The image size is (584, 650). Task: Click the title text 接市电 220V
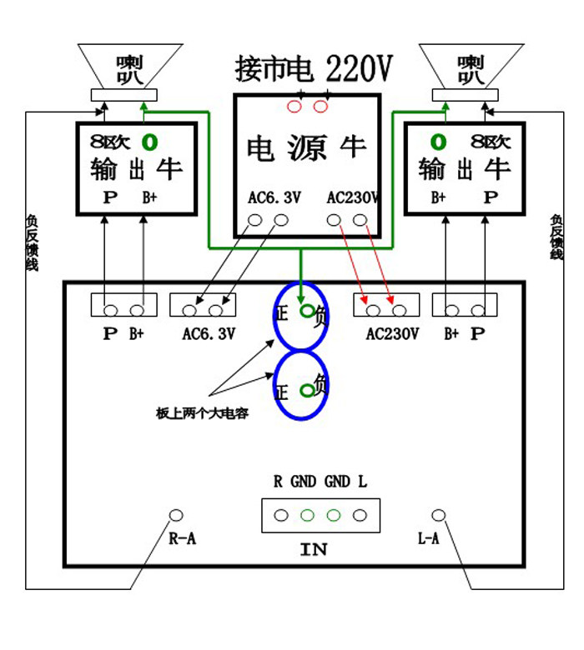[313, 68]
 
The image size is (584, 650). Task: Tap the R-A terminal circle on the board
[176, 515]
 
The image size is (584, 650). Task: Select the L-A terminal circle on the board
[438, 515]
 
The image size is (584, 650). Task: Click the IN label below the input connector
[314, 549]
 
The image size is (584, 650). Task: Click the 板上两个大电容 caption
[202, 413]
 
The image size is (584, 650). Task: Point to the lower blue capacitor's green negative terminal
[307, 388]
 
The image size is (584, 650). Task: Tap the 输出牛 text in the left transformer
[137, 169]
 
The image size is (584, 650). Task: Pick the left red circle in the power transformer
[295, 107]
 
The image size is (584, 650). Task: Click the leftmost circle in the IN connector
[281, 515]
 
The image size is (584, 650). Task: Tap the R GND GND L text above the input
[320, 482]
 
